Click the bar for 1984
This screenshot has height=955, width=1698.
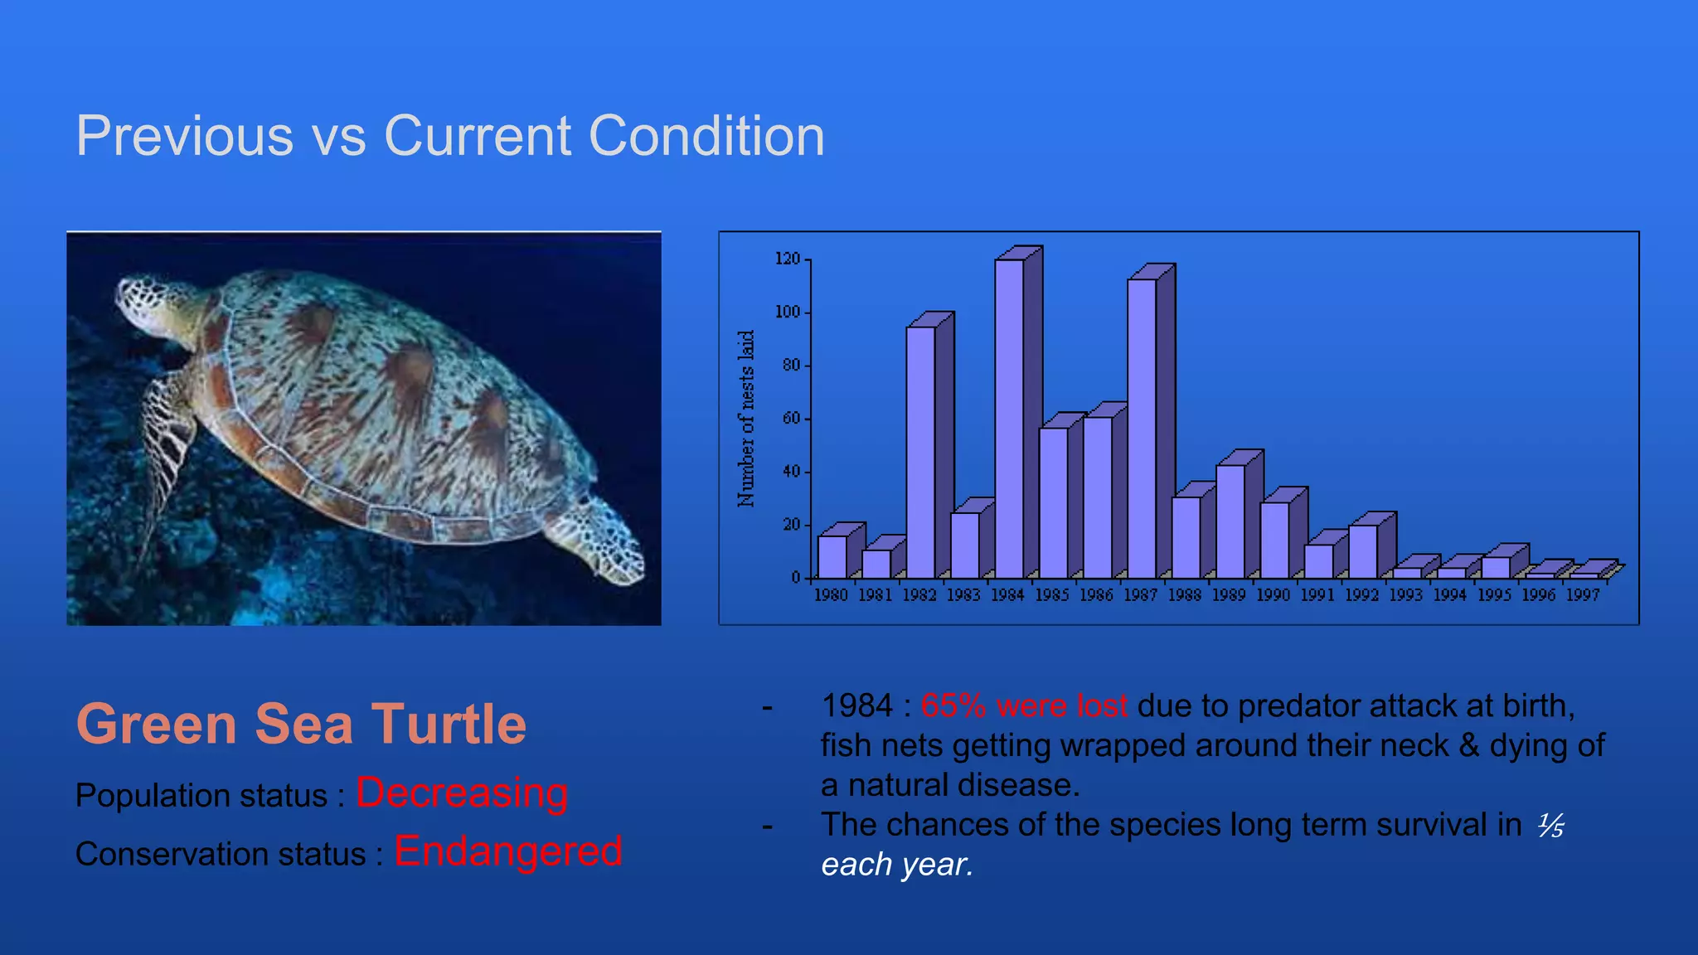tap(1009, 419)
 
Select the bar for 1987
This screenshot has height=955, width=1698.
tap(1142, 429)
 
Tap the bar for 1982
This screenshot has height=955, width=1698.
tap(920, 452)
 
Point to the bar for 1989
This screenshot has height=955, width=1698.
tap(1230, 521)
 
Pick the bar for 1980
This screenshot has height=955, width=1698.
tap(832, 557)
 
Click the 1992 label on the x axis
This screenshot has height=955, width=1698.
tap(1361, 595)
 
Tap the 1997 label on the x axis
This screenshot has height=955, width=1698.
tap(1583, 595)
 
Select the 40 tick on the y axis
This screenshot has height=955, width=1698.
tap(791, 472)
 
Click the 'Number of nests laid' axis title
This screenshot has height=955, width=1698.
tap(746, 419)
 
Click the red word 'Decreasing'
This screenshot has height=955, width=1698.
tap(462, 793)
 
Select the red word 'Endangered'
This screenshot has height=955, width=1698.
tap(507, 851)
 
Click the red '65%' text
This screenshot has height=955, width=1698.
tap(953, 706)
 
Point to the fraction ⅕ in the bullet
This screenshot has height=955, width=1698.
tap(1550, 826)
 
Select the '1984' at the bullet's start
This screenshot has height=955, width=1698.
tap(857, 706)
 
